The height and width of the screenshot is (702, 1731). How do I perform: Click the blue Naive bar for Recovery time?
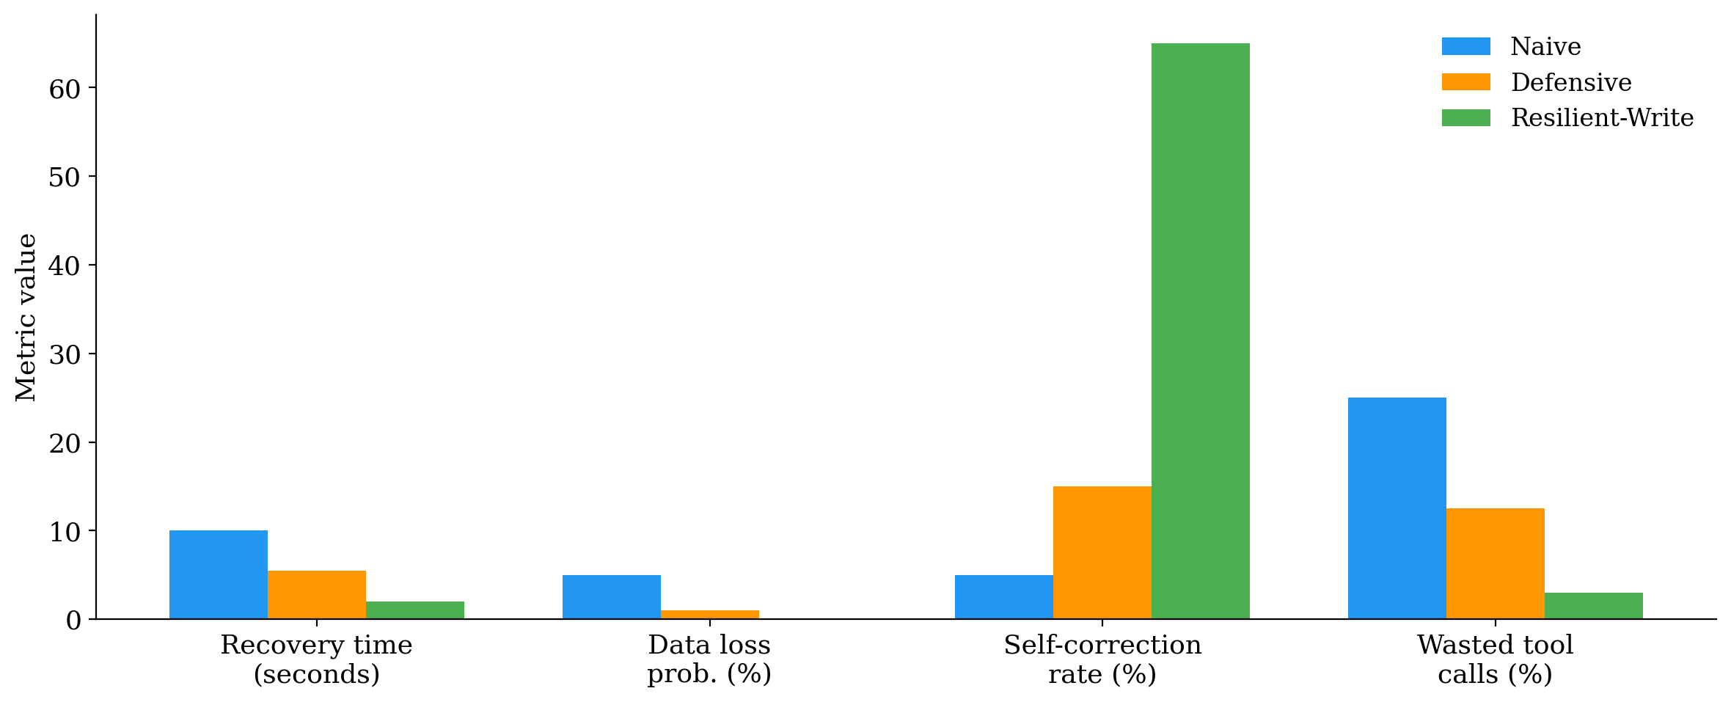(x=218, y=574)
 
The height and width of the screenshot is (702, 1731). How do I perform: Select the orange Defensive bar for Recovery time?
(x=316, y=595)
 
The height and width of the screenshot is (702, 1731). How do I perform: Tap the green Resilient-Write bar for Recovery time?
(x=414, y=610)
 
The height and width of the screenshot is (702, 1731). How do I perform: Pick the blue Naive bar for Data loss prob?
(x=611, y=597)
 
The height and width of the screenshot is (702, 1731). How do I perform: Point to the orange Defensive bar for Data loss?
(x=709, y=615)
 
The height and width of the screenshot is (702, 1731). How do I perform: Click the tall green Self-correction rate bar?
(x=1200, y=331)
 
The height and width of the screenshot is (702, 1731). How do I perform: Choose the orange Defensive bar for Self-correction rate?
(x=1102, y=552)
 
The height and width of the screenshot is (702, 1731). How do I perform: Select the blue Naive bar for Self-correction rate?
(x=1003, y=597)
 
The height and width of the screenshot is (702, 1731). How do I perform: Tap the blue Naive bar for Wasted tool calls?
(x=1397, y=508)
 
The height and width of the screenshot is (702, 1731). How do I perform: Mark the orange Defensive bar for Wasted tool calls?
(x=1495, y=563)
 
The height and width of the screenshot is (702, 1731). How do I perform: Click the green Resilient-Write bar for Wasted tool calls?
(x=1593, y=606)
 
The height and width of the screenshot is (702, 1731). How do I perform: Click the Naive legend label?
(x=1545, y=47)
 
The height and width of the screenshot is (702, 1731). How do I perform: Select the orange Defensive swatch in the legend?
(x=1465, y=82)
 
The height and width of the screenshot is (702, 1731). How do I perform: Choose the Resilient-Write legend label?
(x=1602, y=118)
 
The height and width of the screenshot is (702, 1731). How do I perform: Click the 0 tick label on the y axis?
(x=73, y=621)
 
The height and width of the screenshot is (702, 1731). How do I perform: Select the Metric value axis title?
(x=26, y=317)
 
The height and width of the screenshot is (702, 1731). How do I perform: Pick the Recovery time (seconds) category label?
(x=316, y=659)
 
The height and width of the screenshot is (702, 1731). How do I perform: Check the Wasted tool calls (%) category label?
(x=1495, y=659)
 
